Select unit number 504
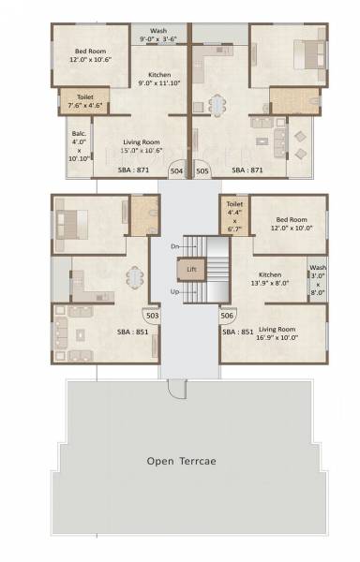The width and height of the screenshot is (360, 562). pos(176,171)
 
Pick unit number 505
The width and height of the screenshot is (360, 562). pos(202,171)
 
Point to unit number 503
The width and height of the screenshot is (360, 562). pos(153,316)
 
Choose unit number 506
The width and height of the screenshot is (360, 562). pos(227,316)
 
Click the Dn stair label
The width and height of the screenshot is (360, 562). pos(173,246)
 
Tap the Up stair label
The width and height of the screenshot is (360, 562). pos(173,292)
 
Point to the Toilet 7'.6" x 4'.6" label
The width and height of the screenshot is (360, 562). pos(84,98)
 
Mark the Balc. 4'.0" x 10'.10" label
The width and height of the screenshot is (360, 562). pos(79,146)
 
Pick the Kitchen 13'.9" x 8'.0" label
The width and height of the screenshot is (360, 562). pos(271,282)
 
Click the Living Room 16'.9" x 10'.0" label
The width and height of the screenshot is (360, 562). pos(277,333)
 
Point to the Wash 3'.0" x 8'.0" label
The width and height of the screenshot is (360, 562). pos(318,279)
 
